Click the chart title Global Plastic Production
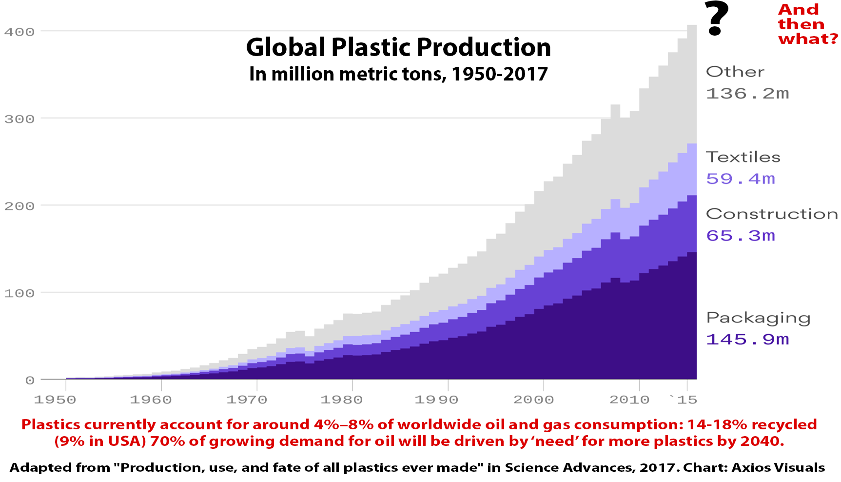[398, 47]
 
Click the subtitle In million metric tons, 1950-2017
[398, 74]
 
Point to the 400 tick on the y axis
[20, 32]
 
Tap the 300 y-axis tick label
[20, 120]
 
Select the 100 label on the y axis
[20, 294]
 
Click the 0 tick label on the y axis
[30, 381]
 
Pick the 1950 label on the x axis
[55, 400]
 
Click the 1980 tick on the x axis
[341, 400]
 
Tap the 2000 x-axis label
[533, 400]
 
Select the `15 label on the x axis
[684, 400]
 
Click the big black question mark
[716, 19]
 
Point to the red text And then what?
[807, 24]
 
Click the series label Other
[735, 72]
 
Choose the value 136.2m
[747, 94]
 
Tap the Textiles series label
[743, 157]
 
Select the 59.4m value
[741, 179]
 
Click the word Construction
[772, 214]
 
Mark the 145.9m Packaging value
[747, 340]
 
